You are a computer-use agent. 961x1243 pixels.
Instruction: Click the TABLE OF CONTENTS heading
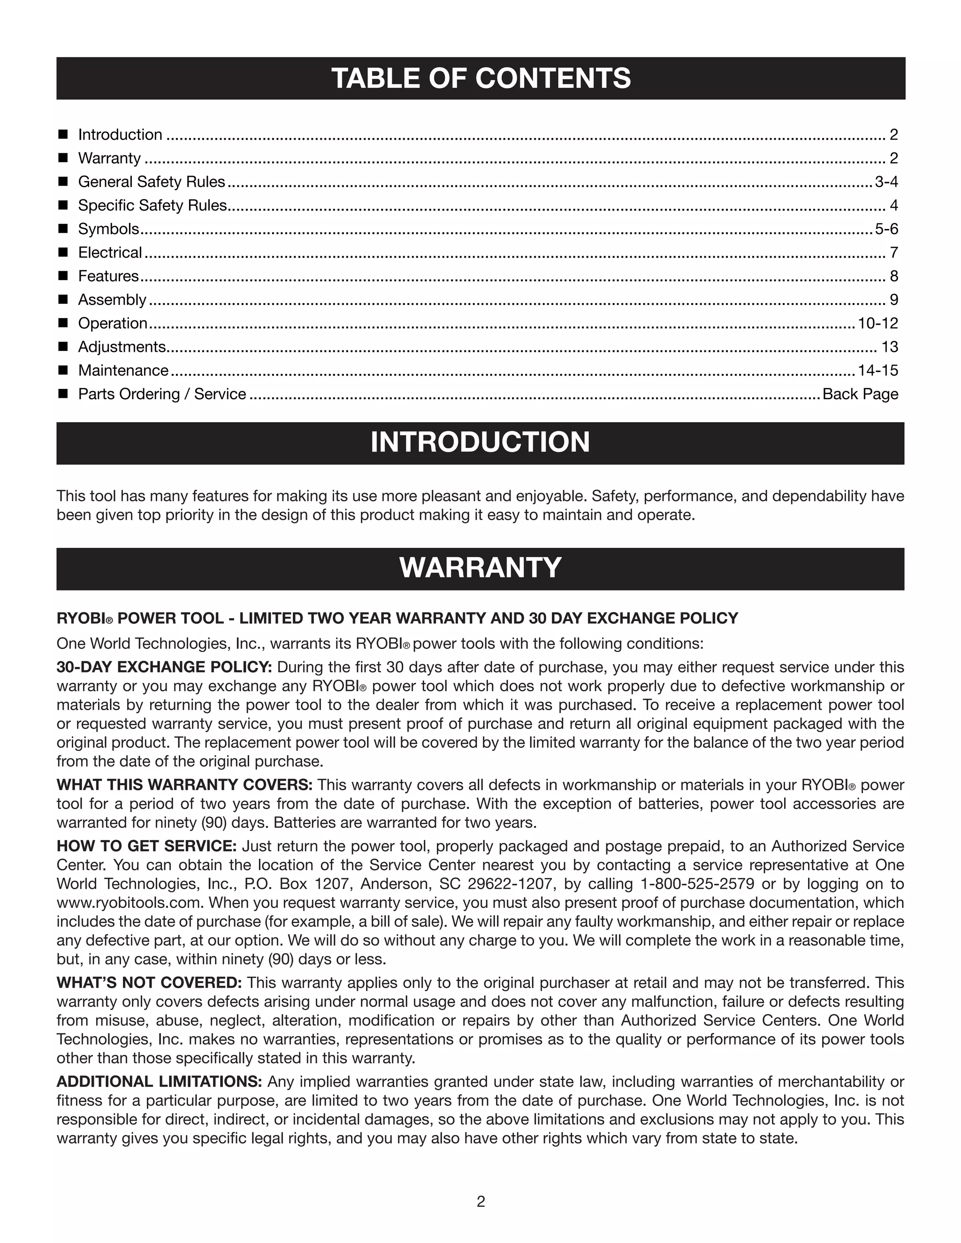point(480,78)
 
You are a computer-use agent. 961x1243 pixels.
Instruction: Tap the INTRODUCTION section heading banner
point(480,443)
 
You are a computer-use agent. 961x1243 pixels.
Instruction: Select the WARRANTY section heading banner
point(480,568)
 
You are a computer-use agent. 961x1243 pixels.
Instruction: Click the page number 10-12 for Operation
point(877,323)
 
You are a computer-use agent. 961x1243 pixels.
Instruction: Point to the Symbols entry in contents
point(108,229)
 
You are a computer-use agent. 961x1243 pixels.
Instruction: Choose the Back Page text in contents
point(860,394)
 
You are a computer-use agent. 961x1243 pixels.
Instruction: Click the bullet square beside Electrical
point(63,252)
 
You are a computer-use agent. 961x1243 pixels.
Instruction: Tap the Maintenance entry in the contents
point(123,371)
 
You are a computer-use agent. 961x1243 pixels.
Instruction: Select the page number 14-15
point(877,371)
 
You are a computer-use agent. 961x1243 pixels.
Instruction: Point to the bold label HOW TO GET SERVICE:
point(146,846)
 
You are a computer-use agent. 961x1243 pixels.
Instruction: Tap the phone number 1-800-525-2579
point(697,884)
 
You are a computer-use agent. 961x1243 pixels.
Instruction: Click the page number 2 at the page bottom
point(480,1201)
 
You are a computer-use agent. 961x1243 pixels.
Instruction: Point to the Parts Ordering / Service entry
point(162,394)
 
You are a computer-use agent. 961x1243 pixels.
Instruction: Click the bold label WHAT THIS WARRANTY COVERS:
point(184,785)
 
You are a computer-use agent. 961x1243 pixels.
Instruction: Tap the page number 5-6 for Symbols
point(886,229)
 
